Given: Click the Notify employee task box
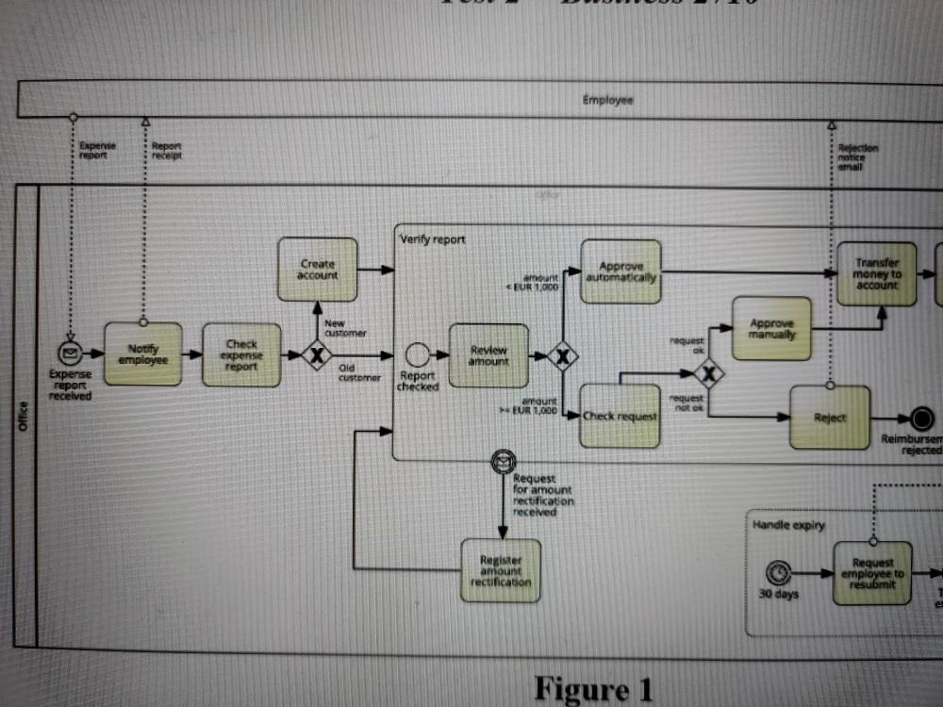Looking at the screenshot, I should (142, 353).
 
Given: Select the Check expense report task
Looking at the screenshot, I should (241, 355).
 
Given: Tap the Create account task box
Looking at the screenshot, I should (318, 270).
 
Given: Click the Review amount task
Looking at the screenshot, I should (488, 355).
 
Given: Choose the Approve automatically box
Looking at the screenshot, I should (620, 271).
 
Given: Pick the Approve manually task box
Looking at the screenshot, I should (771, 328).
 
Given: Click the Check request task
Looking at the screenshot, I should (620, 416).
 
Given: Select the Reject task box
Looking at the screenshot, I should (830, 418).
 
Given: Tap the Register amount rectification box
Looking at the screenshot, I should (501, 570).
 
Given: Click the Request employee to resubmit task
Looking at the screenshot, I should (872, 573).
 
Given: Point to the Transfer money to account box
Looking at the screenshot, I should (877, 273).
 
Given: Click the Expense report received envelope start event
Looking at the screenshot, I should (69, 353).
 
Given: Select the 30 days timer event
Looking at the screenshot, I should (779, 572).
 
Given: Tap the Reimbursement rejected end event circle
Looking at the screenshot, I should (921, 418).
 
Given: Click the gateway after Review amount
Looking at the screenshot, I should (563, 356).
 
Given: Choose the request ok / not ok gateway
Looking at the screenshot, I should (708, 374).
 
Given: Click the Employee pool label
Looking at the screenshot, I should (607, 100).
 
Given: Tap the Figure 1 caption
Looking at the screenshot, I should (593, 688).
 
